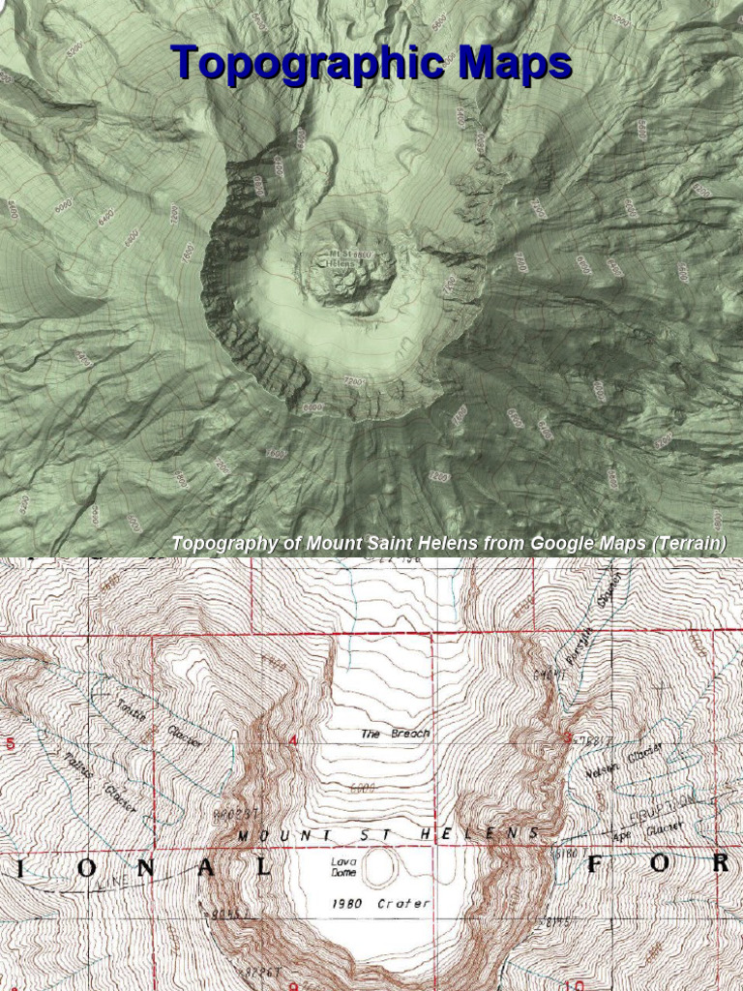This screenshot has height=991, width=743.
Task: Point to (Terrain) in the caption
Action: point(688,543)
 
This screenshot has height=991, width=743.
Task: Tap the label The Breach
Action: point(395,734)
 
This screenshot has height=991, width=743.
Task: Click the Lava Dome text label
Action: point(343,866)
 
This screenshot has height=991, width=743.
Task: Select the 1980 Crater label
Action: point(378,904)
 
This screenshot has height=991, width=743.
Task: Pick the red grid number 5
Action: point(11,744)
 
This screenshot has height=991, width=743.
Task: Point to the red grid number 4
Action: point(292,740)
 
